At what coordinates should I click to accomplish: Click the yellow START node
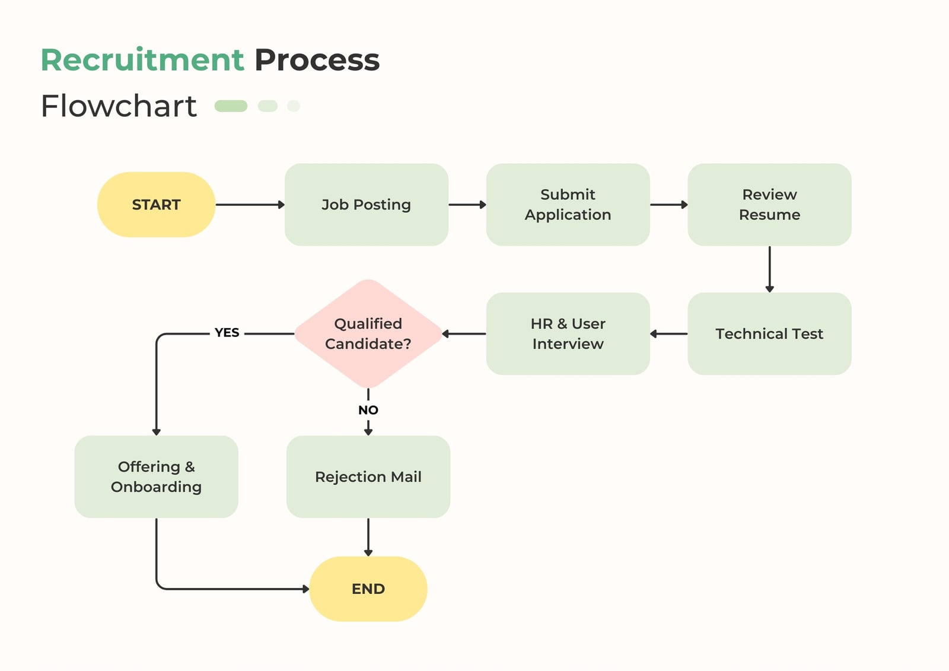(x=157, y=204)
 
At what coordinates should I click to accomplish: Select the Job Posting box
(x=367, y=204)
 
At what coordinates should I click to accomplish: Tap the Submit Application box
(x=568, y=204)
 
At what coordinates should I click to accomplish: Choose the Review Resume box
(x=769, y=204)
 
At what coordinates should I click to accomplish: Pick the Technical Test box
(x=769, y=333)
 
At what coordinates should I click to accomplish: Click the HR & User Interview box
(x=568, y=333)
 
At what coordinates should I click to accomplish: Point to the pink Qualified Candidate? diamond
(x=368, y=333)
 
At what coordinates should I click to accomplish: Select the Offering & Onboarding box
(x=157, y=476)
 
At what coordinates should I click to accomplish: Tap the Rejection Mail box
(x=368, y=476)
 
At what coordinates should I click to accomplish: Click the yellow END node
(x=368, y=589)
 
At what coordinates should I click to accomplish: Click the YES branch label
(x=227, y=333)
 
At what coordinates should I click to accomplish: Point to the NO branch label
(x=368, y=410)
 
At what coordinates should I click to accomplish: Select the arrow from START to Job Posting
(x=250, y=205)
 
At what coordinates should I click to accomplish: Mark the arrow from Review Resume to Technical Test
(x=770, y=269)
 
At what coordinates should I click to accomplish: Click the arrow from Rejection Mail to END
(x=368, y=537)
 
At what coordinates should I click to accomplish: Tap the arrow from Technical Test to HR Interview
(x=668, y=334)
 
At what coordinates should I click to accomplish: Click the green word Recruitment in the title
(x=142, y=60)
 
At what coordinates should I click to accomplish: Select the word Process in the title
(x=317, y=60)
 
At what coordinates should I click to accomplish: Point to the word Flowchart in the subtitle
(x=119, y=106)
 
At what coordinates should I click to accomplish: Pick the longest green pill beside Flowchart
(x=231, y=106)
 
